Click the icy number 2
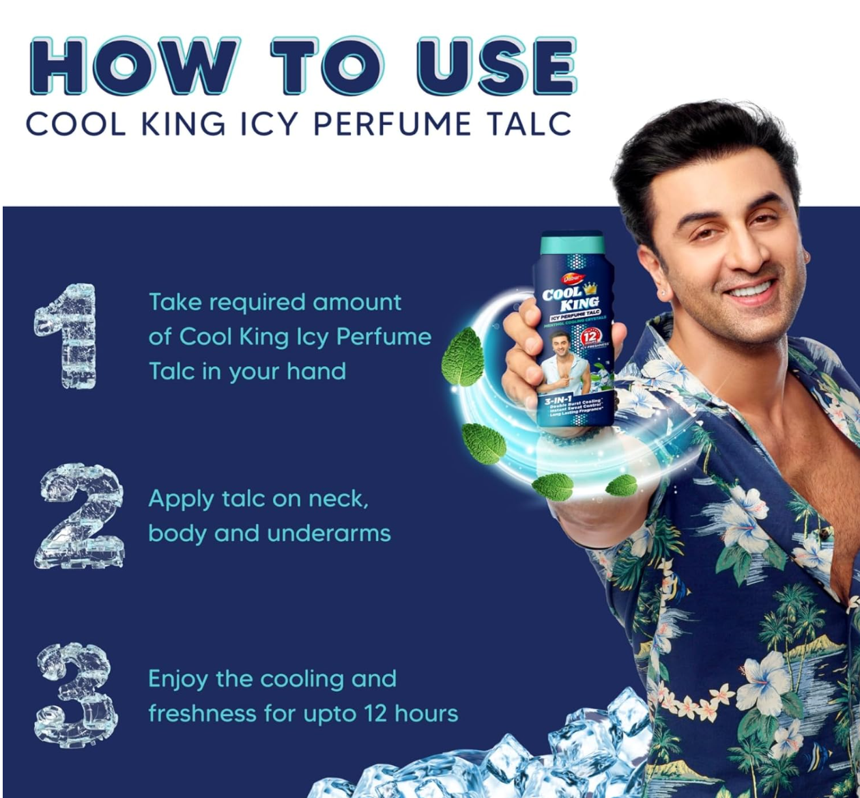click(x=78, y=516)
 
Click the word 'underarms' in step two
click(x=329, y=533)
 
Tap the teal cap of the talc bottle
click(x=571, y=245)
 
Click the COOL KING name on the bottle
click(x=571, y=297)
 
